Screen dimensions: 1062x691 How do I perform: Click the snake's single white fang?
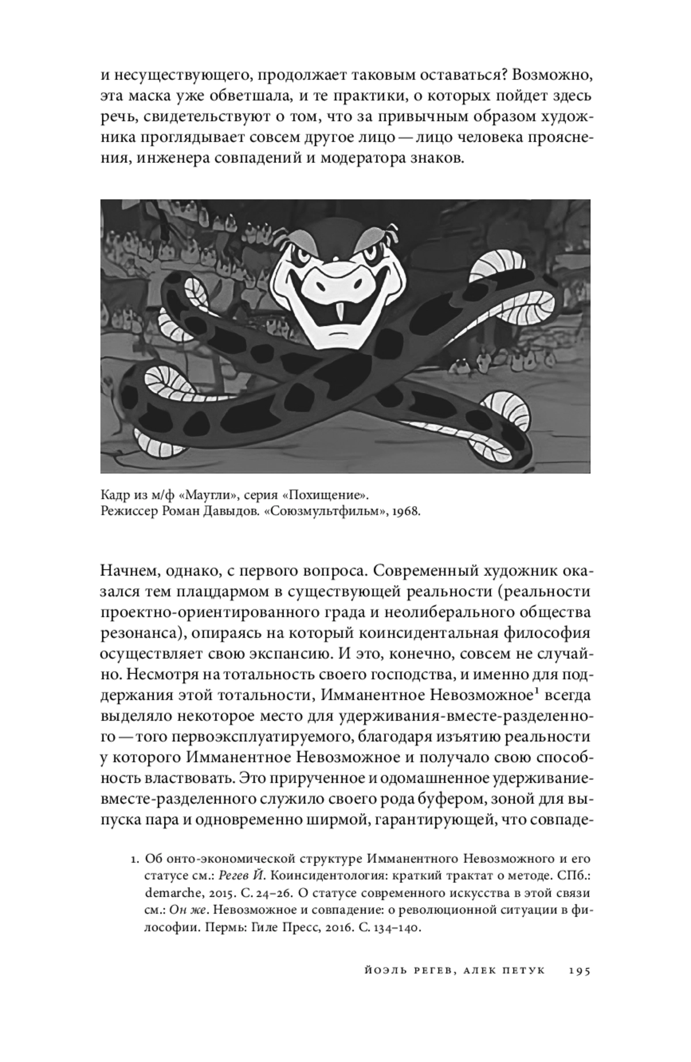point(344,311)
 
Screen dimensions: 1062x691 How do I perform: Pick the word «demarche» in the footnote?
point(168,896)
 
